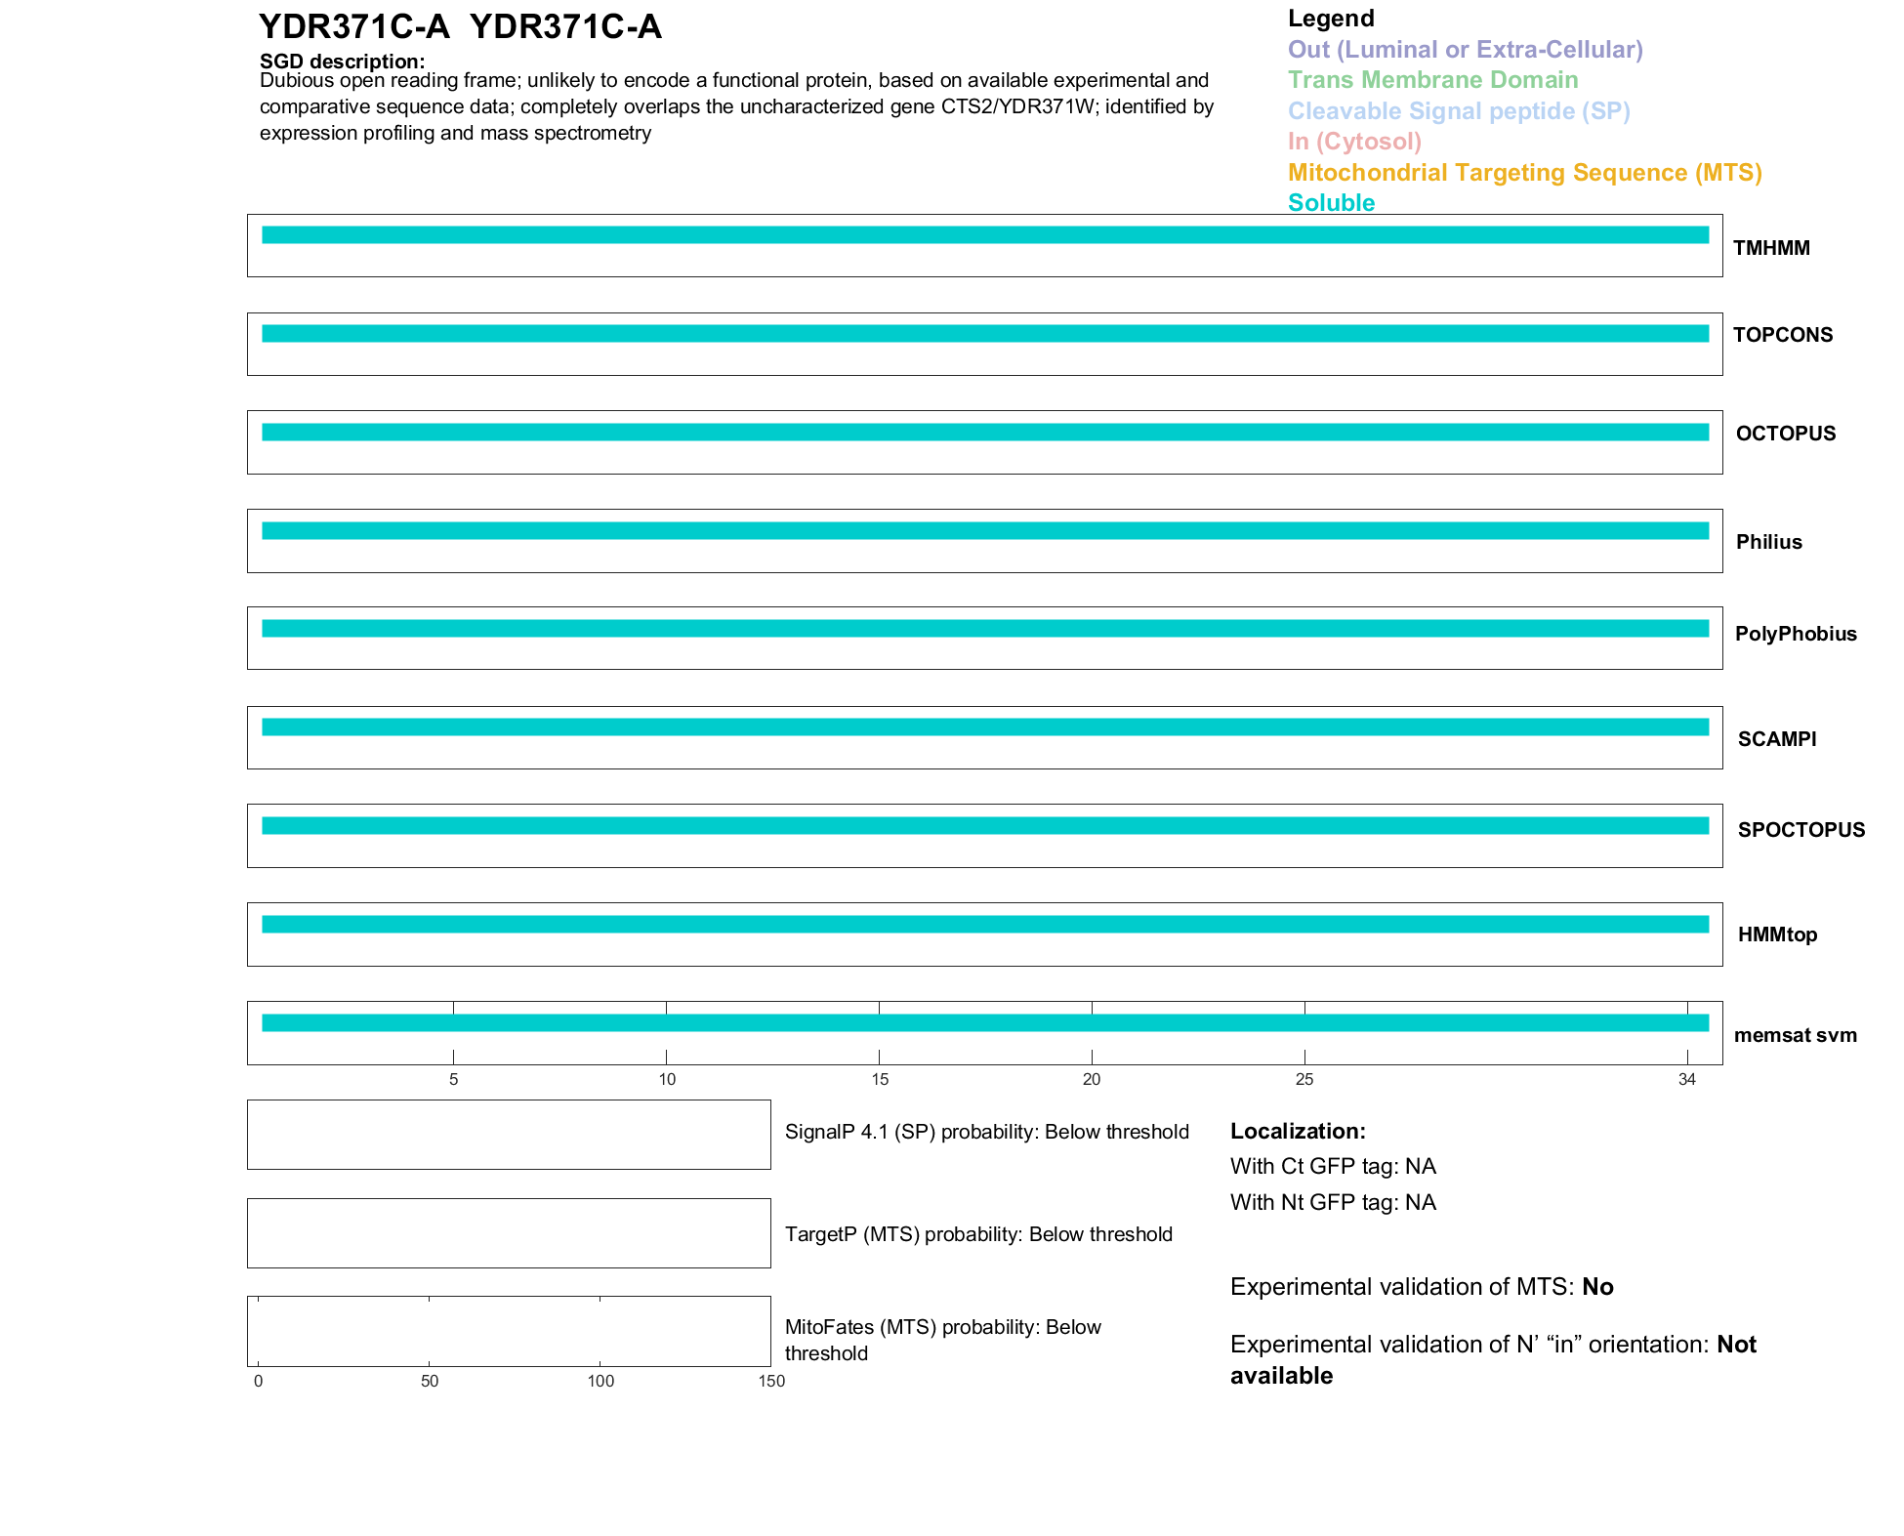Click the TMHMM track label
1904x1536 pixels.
[x=1771, y=248]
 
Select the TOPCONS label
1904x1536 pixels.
[x=1782, y=335]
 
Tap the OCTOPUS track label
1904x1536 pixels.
[x=1785, y=434]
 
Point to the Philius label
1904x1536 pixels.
[x=1768, y=542]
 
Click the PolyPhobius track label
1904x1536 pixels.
[x=1795, y=634]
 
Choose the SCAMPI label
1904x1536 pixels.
[x=1776, y=739]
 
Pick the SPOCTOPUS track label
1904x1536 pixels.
[x=1801, y=830]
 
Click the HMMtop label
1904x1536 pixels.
[x=1777, y=934]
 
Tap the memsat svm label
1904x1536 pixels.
[x=1795, y=1035]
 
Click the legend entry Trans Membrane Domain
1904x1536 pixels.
[x=1432, y=80]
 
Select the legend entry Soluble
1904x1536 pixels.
[x=1331, y=203]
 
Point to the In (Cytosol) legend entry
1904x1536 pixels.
[x=1354, y=142]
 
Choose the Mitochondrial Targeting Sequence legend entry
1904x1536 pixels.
[x=1524, y=173]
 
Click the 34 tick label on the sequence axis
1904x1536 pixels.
[x=1686, y=1079]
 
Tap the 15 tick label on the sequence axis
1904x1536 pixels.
[x=879, y=1079]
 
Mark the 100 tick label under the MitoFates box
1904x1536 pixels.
[x=600, y=1381]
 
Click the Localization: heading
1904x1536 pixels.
[x=1298, y=1131]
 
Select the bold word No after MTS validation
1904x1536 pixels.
[x=1597, y=1287]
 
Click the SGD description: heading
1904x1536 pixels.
[x=342, y=62]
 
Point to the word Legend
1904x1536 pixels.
[x=1331, y=19]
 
